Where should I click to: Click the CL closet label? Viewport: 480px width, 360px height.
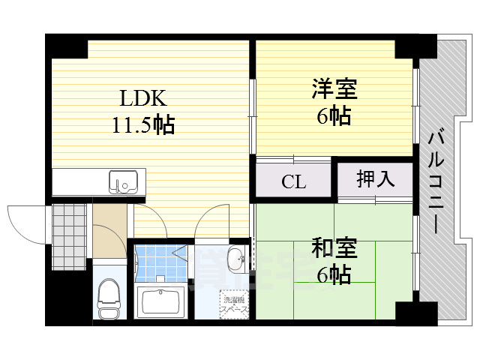tap(292, 181)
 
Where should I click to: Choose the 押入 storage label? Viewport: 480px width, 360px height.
tap(374, 179)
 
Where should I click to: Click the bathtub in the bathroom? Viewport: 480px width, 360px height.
tap(163, 302)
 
